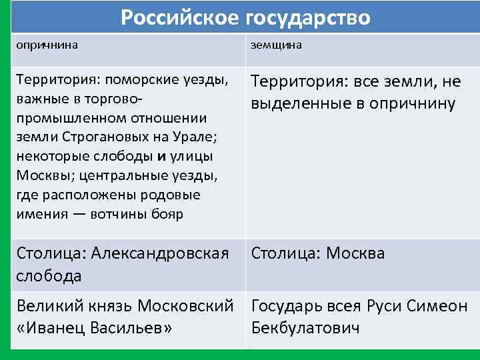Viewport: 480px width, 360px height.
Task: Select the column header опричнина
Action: click(x=47, y=45)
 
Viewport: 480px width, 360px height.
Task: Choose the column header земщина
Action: click(x=276, y=45)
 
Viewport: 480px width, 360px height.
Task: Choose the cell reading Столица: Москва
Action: click(x=318, y=254)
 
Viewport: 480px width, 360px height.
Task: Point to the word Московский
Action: click(x=185, y=307)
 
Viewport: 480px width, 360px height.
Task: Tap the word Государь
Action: click(x=289, y=307)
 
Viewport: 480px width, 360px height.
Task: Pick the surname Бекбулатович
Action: click(x=305, y=329)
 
